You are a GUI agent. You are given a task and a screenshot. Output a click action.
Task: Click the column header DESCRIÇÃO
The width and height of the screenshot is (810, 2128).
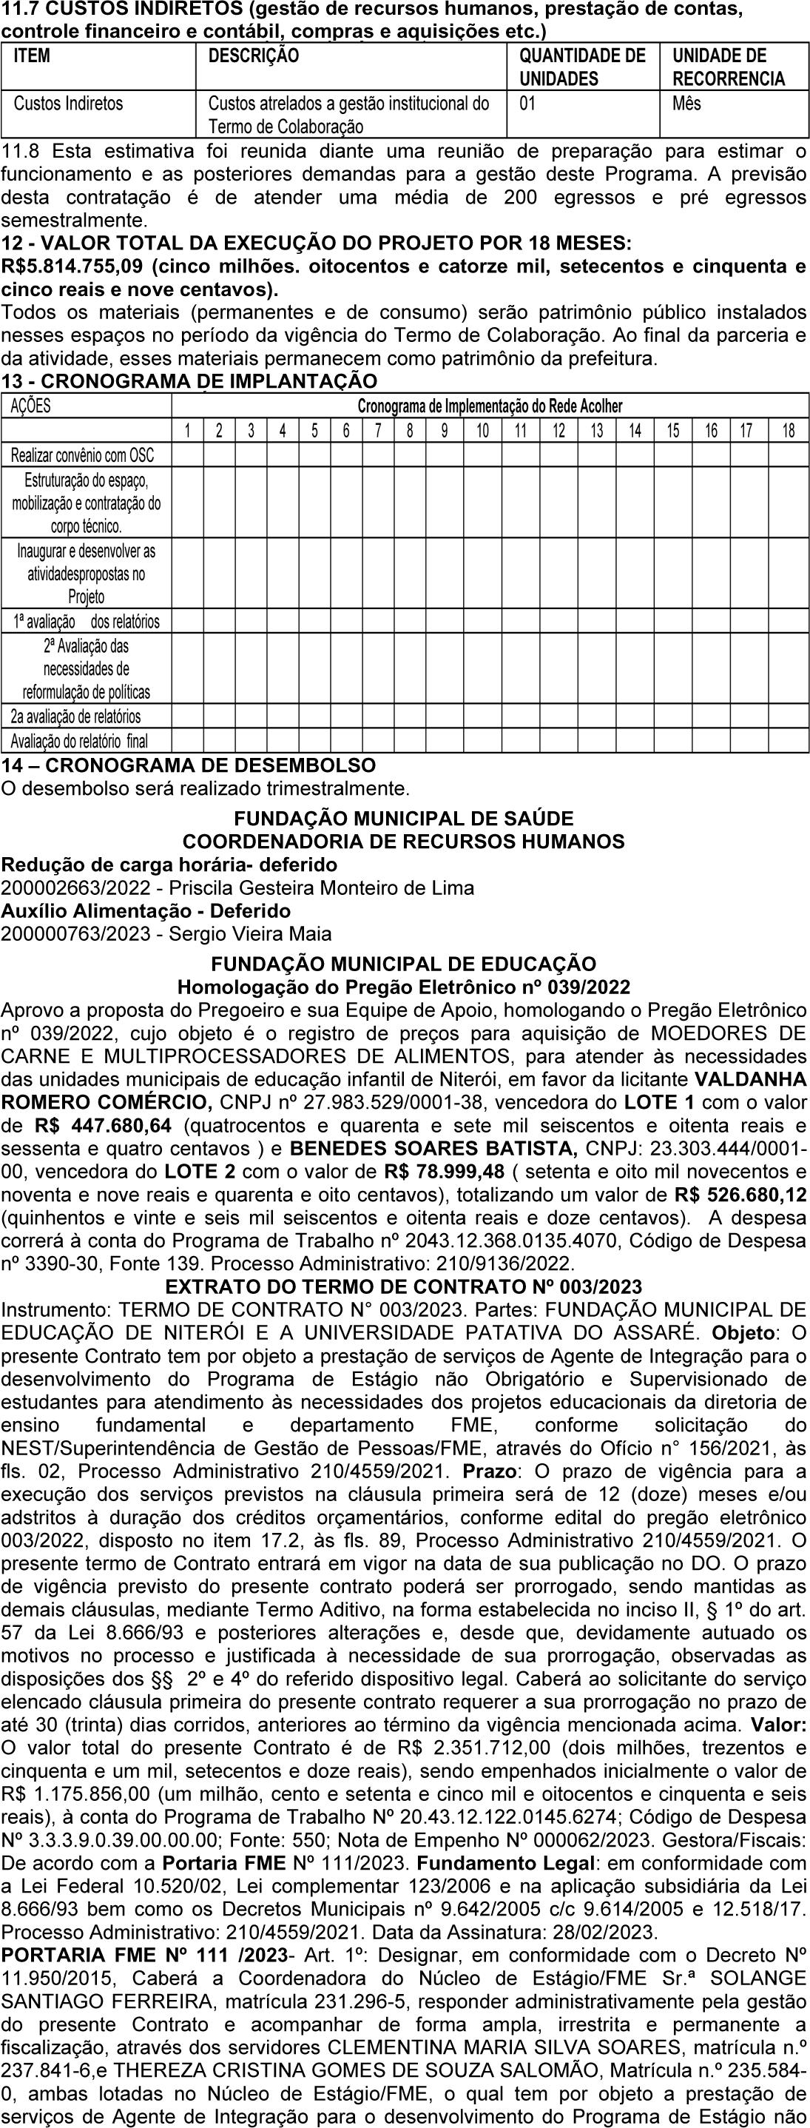click(253, 56)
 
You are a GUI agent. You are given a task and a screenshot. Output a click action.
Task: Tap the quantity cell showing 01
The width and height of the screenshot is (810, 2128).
click(527, 104)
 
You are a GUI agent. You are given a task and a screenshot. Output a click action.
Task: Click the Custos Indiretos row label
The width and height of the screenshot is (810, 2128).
click(69, 104)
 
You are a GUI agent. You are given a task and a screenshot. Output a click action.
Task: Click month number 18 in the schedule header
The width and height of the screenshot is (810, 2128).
click(788, 430)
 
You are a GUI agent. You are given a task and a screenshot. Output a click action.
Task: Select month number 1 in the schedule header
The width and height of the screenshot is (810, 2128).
click(187, 430)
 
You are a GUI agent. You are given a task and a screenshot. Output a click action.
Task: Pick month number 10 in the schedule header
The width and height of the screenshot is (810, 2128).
click(482, 430)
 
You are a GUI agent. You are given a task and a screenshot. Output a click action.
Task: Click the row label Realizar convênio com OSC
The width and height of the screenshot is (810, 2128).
click(83, 455)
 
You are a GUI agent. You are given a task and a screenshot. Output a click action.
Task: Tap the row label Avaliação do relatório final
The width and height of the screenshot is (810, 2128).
click(79, 741)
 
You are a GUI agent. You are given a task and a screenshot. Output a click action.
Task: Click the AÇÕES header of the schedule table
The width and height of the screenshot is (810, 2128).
click(30, 406)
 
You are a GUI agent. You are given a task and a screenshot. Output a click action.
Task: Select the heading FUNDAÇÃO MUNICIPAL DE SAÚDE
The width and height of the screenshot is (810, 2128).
click(404, 819)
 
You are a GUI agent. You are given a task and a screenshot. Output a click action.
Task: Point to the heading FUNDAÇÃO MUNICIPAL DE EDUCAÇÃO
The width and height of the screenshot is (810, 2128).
click(404, 964)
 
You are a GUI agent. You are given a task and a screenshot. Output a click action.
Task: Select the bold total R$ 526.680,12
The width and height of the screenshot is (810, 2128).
click(740, 1195)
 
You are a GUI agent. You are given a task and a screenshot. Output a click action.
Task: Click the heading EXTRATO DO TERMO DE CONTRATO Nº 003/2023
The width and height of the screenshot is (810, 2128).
click(404, 1287)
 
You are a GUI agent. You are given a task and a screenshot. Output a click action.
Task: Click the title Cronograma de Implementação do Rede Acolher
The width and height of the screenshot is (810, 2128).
click(490, 406)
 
